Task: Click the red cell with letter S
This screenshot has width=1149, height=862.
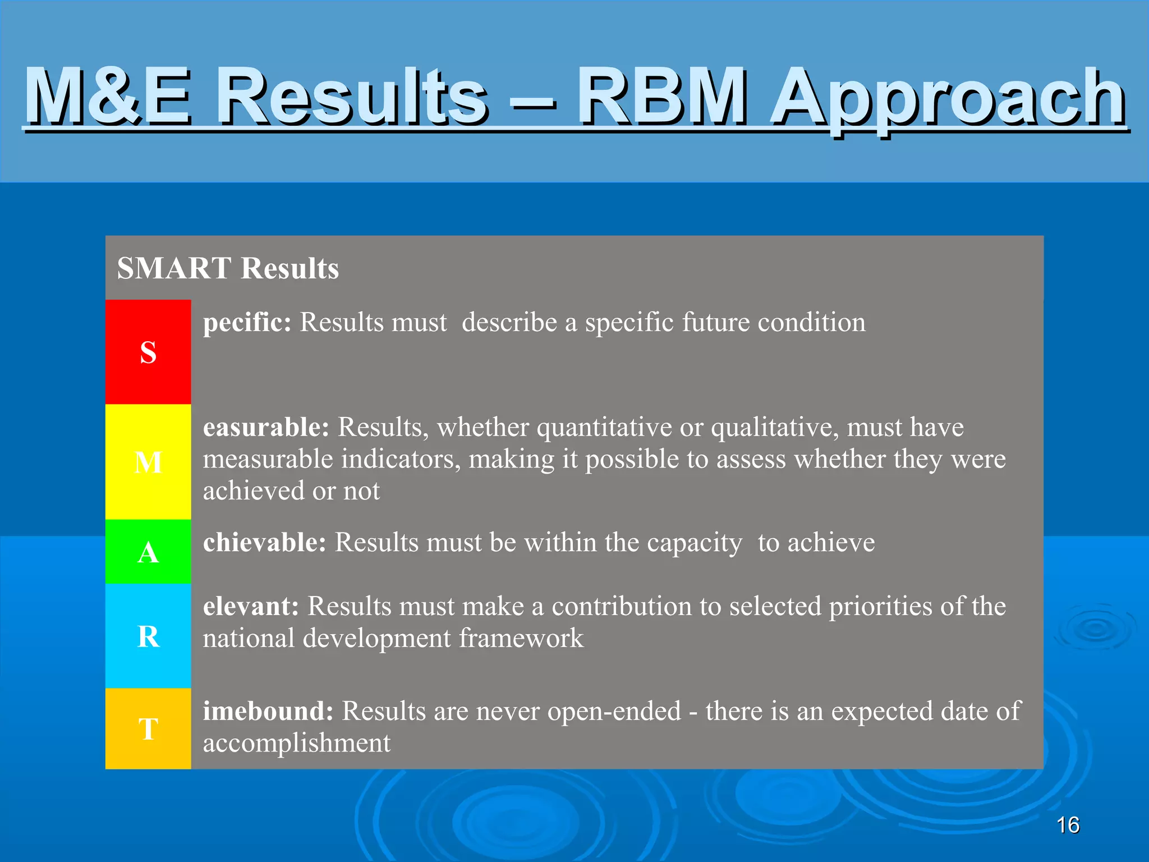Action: (x=148, y=352)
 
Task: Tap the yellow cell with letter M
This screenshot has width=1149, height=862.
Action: (x=148, y=462)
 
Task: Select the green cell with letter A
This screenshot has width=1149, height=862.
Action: (x=148, y=552)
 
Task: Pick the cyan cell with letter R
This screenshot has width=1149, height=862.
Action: (x=148, y=636)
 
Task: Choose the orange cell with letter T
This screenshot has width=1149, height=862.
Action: (x=148, y=729)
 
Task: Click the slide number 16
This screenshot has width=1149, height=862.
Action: (x=1068, y=826)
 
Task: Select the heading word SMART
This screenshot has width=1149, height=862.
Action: (x=174, y=268)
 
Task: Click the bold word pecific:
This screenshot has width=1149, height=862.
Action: (x=247, y=323)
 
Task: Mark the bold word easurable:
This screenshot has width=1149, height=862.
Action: (x=266, y=428)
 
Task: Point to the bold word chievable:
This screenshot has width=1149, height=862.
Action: (x=264, y=543)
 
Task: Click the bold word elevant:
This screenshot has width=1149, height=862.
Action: (x=251, y=607)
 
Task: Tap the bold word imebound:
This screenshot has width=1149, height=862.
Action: (x=268, y=711)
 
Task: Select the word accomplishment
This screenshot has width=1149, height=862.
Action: (x=296, y=744)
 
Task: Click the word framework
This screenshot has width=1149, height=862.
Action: (x=521, y=639)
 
